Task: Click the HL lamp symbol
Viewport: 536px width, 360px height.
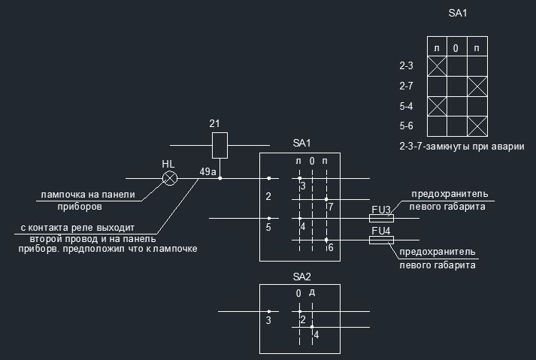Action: [x=170, y=178]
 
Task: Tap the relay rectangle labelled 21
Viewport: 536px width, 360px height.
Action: [x=220, y=145]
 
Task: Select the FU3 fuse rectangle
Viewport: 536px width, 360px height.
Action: [x=381, y=219]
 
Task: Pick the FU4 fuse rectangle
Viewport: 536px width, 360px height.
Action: [x=381, y=240]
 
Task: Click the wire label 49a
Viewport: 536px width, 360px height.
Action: [x=207, y=171]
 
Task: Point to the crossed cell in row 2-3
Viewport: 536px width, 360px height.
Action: [x=437, y=66]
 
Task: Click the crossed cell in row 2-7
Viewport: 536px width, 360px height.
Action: [x=477, y=86]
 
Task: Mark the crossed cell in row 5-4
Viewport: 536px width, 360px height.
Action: [x=437, y=106]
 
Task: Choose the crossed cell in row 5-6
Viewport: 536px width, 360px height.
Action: [x=477, y=126]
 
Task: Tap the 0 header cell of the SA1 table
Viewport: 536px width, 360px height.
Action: [x=457, y=46]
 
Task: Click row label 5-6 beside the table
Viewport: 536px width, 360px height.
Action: [x=406, y=126]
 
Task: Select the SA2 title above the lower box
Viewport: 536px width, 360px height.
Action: [x=301, y=277]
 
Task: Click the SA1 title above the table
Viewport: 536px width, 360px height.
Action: [x=457, y=13]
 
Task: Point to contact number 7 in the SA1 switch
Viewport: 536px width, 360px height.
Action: [x=331, y=207]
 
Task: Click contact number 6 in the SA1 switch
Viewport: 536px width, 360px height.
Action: [x=331, y=247]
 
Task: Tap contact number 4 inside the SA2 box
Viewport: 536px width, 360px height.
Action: [x=316, y=334]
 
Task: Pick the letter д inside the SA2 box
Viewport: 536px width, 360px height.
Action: [x=312, y=292]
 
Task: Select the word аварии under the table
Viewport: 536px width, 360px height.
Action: [x=509, y=147]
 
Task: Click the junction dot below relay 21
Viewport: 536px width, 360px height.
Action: [x=220, y=178]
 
